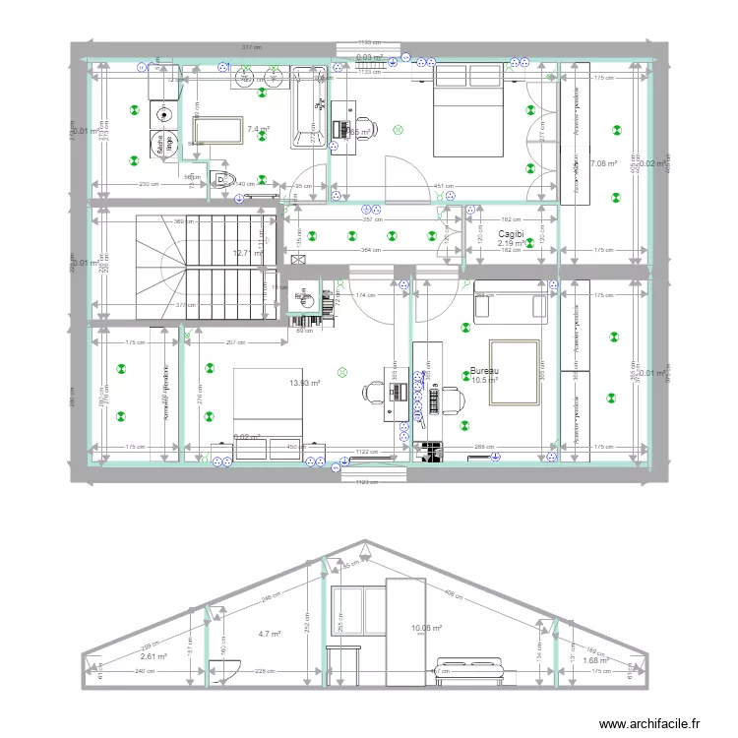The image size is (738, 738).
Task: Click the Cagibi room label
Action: [x=510, y=234]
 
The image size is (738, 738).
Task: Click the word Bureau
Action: [x=484, y=371]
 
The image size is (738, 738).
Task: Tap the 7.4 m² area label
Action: [x=259, y=129]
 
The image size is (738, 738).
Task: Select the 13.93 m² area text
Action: [x=305, y=383]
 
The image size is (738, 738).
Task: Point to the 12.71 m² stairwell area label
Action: [x=247, y=253]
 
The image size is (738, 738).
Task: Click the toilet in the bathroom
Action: [x=224, y=179]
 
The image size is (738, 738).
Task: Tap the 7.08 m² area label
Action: [x=603, y=163]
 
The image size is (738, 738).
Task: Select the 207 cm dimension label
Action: [x=233, y=342]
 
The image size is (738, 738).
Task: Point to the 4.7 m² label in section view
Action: [x=269, y=635]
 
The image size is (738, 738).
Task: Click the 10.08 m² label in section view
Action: [x=427, y=628]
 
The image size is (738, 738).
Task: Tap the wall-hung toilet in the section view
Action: [x=224, y=670]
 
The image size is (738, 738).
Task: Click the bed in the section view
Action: [x=470, y=674]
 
